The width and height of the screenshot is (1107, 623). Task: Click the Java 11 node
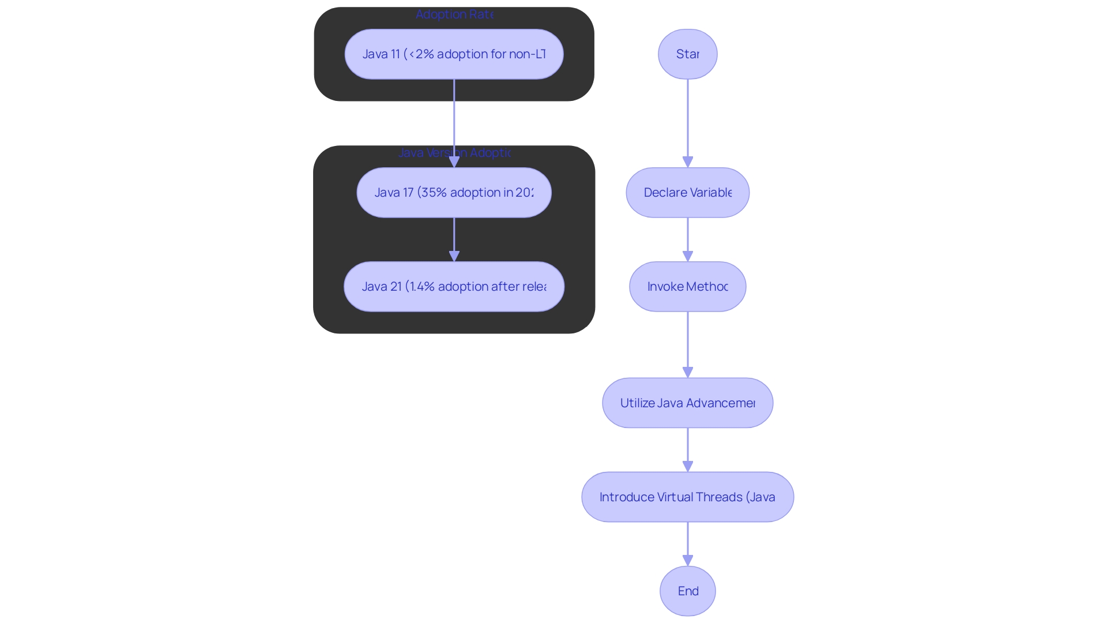454,54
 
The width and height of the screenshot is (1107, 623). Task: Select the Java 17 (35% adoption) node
454,193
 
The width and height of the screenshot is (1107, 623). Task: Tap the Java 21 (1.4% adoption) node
454,287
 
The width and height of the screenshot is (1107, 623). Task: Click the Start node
687,54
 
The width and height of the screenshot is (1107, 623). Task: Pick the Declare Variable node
687,193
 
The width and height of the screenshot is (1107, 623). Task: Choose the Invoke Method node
687,287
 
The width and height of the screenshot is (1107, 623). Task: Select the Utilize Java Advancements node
687,403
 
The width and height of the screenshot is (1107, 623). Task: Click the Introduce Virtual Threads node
687,497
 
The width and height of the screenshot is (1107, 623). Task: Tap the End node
687,591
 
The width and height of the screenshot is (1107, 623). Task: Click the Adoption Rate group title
454,14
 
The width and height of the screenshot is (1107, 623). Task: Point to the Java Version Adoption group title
454,153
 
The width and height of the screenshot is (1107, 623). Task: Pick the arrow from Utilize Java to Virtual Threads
687,449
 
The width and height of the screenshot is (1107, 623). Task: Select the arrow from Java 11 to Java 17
454,115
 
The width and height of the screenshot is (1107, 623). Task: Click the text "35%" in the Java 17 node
434,193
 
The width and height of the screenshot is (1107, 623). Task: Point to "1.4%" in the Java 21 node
422,287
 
